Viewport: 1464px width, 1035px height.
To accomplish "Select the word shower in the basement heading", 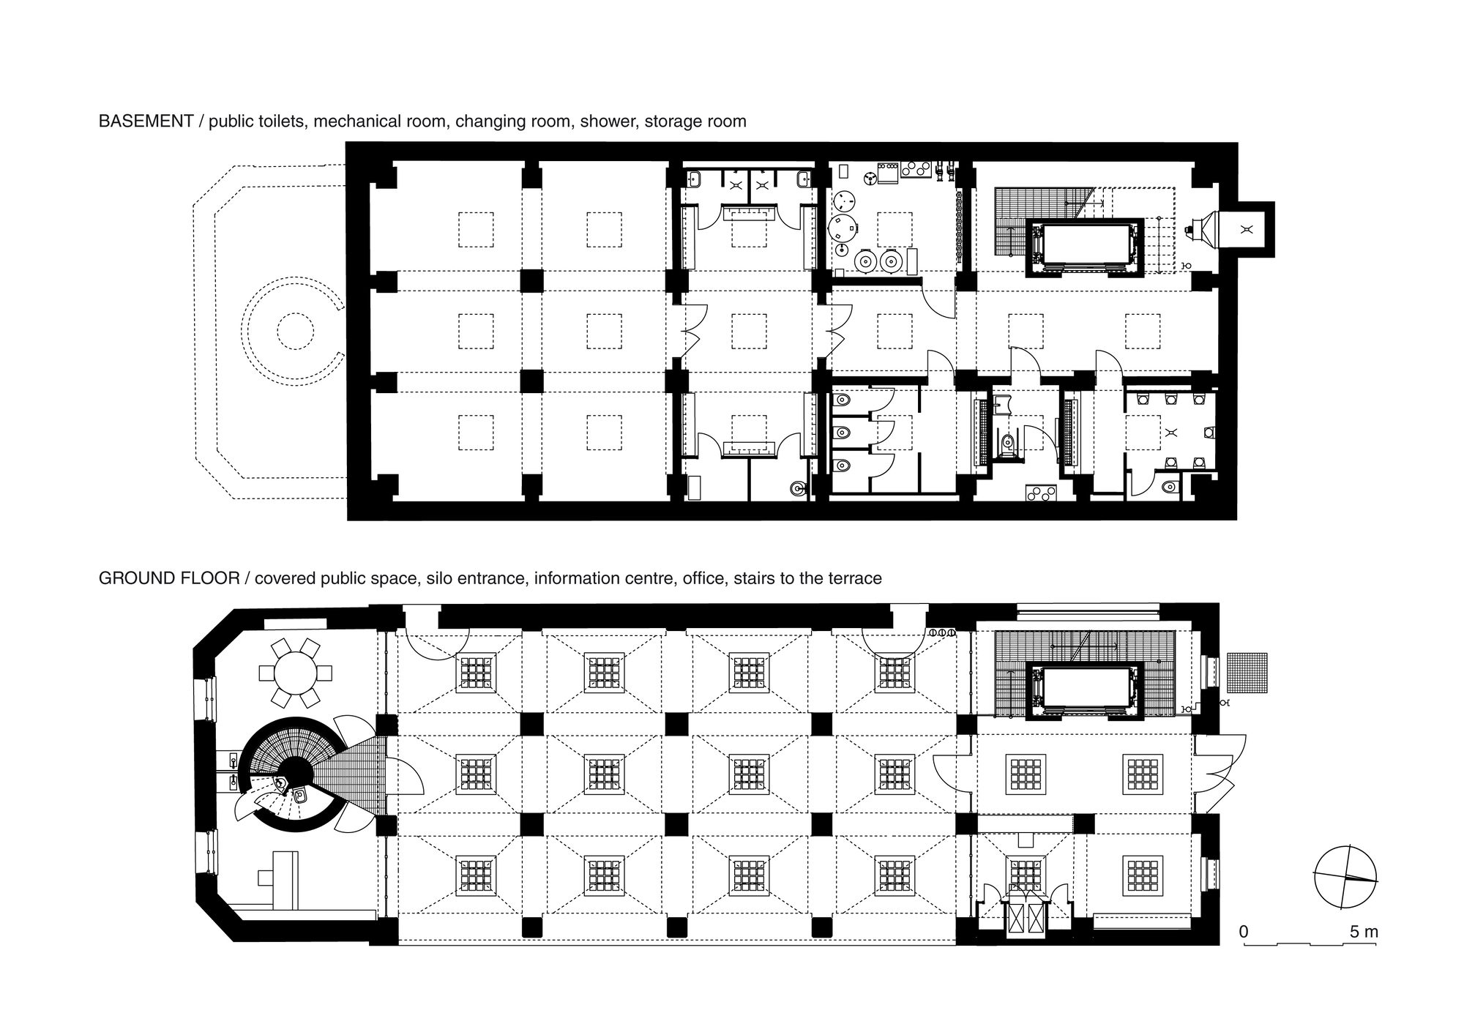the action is [x=610, y=122].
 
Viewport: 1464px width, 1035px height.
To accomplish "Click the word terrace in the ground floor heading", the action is [x=854, y=578].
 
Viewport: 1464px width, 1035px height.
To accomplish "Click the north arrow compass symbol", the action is [x=1345, y=877].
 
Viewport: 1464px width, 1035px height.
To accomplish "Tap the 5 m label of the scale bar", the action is [x=1364, y=932].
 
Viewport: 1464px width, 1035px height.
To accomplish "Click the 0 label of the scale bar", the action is [x=1244, y=932].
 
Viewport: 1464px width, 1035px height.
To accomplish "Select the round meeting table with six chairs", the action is [x=295, y=673].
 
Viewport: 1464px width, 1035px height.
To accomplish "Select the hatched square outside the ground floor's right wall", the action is [x=1250, y=671].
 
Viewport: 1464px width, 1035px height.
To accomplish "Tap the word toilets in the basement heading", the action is [x=282, y=122].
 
